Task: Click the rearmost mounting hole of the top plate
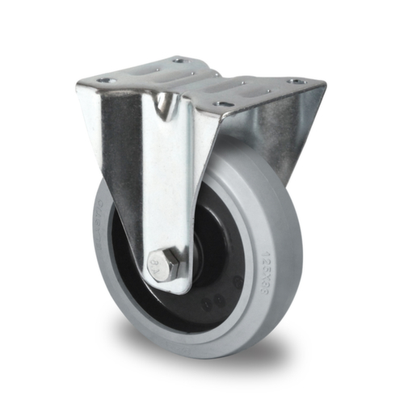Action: click(180, 60)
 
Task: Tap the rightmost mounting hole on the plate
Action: click(297, 81)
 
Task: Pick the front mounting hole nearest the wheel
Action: click(223, 103)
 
